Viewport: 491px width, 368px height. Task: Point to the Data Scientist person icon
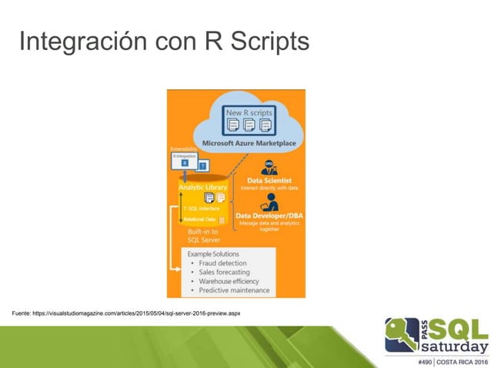[x=269, y=167]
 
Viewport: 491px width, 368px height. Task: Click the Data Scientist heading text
[x=269, y=180]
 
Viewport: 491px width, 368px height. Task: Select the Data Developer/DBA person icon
[x=269, y=202]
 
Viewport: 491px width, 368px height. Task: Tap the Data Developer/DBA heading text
[x=269, y=216]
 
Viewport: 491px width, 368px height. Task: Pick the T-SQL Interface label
[x=202, y=208]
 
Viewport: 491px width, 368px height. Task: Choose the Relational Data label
[x=199, y=219]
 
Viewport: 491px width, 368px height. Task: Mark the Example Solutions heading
[x=213, y=254]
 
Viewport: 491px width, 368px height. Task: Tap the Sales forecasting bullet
[x=225, y=273]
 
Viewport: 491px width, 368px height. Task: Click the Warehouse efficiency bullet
[x=229, y=282]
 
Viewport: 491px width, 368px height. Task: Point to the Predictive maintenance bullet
[x=234, y=291]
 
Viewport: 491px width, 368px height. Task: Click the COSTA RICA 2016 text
[x=463, y=360]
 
